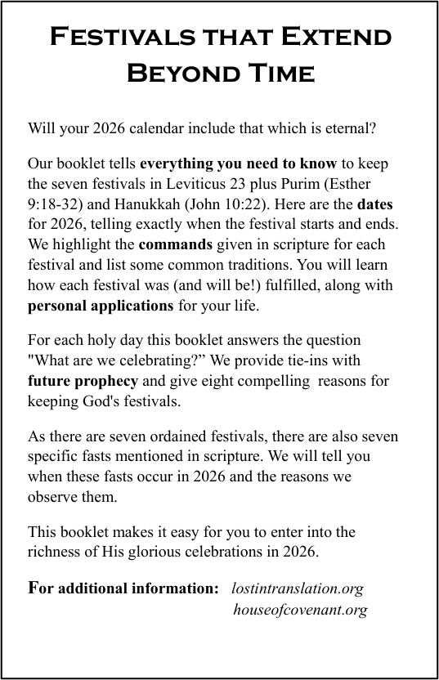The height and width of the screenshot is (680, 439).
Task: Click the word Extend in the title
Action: pyautogui.click(x=336, y=38)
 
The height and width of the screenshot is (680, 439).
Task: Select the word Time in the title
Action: pyautogui.click(x=275, y=74)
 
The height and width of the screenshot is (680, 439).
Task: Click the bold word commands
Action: pyautogui.click(x=176, y=244)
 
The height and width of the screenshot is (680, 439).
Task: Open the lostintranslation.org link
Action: pyautogui.click(x=298, y=588)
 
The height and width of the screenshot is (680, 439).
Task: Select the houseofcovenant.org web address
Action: pyautogui.click(x=300, y=610)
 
